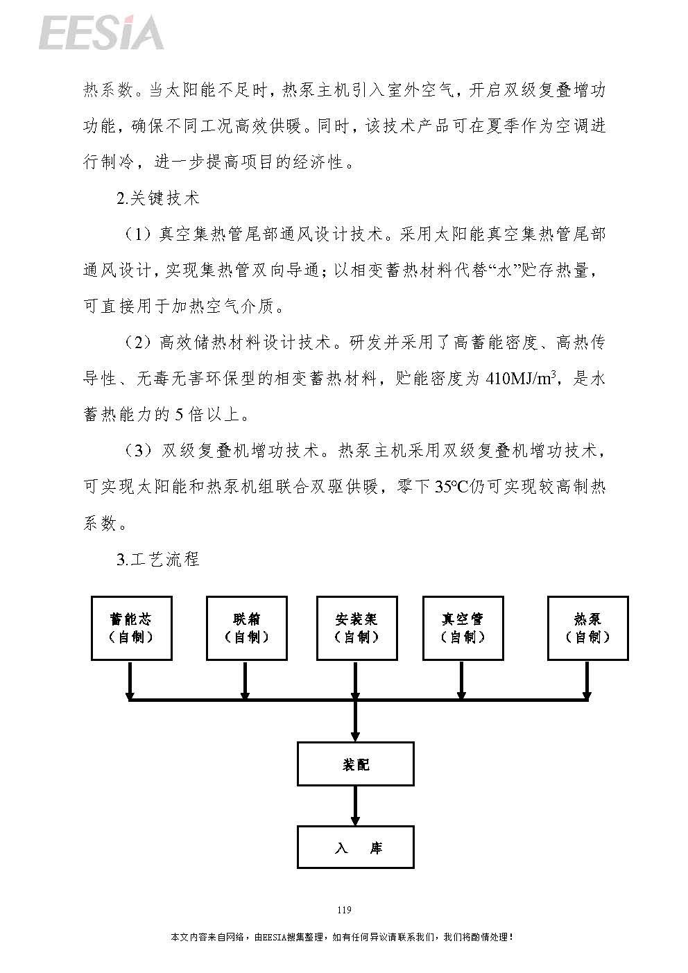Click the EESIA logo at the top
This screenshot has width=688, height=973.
click(x=101, y=32)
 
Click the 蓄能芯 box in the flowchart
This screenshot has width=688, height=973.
click(x=132, y=628)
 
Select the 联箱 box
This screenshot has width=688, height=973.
click(x=247, y=628)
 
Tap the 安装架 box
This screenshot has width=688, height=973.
click(x=357, y=628)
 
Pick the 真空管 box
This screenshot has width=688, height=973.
click(x=463, y=628)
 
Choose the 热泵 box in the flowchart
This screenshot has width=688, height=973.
click(x=588, y=628)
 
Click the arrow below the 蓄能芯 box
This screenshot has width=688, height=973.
click(x=130, y=680)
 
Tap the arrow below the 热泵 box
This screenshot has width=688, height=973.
click(x=586, y=680)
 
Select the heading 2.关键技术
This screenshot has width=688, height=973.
click(x=157, y=198)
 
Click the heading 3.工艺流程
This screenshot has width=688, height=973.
click(x=157, y=559)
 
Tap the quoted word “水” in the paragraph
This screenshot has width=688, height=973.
click(x=504, y=270)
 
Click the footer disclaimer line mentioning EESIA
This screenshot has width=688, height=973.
click(x=343, y=937)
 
